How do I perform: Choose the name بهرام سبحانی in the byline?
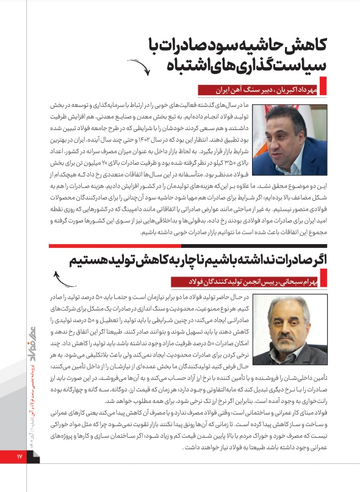click(300, 281)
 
